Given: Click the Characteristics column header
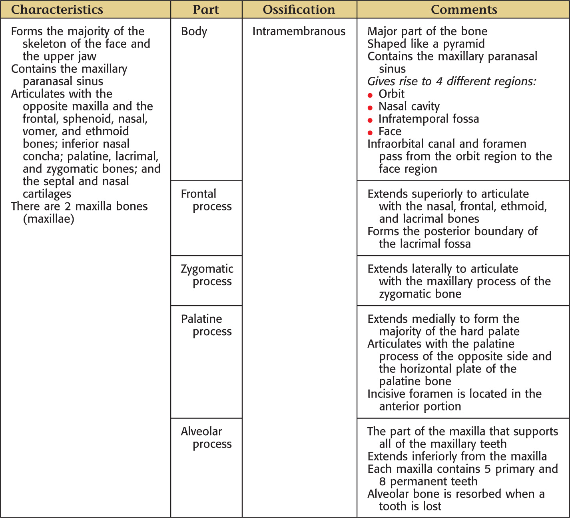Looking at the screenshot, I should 57,10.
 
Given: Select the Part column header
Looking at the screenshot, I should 206,10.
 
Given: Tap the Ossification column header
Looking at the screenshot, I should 299,10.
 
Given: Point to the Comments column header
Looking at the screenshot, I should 464,10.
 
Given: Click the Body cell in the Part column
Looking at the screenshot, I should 194,31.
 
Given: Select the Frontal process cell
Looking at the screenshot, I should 206,200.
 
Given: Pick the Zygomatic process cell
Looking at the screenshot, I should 207,275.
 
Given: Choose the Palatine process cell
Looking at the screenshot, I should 206,325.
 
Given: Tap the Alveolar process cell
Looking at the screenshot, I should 206,437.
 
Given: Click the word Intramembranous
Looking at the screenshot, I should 299,31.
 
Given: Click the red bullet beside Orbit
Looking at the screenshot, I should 370,95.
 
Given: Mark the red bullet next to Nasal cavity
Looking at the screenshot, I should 370,108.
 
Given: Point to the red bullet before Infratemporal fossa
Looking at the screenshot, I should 370,120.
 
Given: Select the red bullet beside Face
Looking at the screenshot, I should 370,132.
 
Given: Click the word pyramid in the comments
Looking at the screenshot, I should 464,44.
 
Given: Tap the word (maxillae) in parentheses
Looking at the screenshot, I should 48,219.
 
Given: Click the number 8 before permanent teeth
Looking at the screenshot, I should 383,481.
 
